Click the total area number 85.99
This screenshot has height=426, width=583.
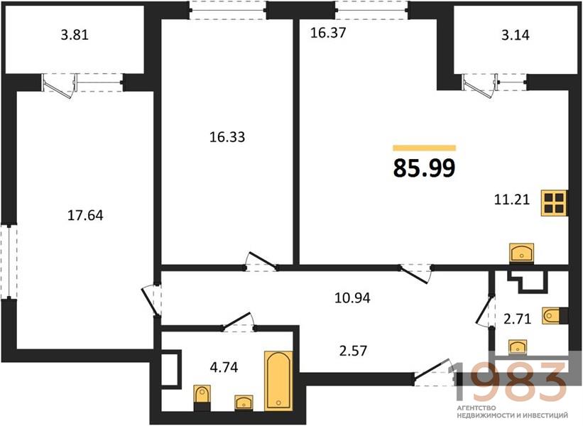pyautogui.click(x=424, y=168)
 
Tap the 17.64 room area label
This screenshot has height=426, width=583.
pyautogui.click(x=85, y=215)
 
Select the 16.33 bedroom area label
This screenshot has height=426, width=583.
pyautogui.click(x=227, y=137)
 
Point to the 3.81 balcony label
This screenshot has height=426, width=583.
pyautogui.click(x=75, y=35)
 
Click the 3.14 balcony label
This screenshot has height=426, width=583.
pyautogui.click(x=516, y=35)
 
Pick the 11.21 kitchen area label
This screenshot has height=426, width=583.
pyautogui.click(x=511, y=200)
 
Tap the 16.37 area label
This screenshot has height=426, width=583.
pyautogui.click(x=328, y=33)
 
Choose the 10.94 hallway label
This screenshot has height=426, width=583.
pyautogui.click(x=352, y=298)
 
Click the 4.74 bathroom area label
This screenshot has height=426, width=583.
pyautogui.click(x=224, y=368)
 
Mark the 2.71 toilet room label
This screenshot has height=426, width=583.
pyautogui.click(x=517, y=319)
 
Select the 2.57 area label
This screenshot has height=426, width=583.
pyautogui.click(x=353, y=351)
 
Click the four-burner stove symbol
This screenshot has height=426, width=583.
pyautogui.click(x=554, y=203)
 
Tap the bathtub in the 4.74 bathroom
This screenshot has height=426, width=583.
pyautogui.click(x=278, y=381)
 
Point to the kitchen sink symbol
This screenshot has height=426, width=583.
pyautogui.click(x=521, y=252)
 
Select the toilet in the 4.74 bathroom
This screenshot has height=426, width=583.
pyautogui.click(x=202, y=398)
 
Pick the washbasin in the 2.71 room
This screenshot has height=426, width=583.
pyautogui.click(x=518, y=346)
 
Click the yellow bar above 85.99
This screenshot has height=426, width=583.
pyautogui.click(x=424, y=148)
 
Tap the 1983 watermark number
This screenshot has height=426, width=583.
pyautogui.click(x=508, y=380)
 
